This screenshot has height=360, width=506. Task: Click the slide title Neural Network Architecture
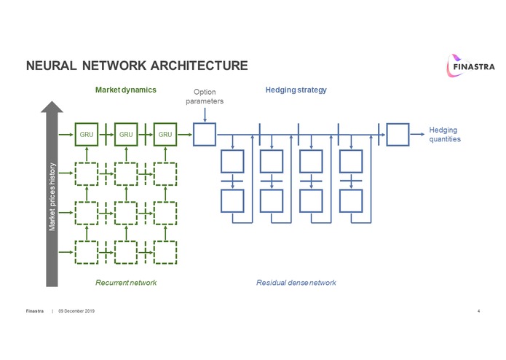[137, 66]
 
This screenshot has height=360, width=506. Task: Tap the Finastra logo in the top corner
[469, 66]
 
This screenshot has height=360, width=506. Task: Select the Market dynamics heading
[126, 90]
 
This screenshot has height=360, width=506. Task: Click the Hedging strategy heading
[297, 90]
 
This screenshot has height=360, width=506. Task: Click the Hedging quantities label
[445, 134]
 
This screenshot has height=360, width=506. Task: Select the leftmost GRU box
[86, 134]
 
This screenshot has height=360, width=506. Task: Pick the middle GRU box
[126, 134]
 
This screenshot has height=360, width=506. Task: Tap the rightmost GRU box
[165, 134]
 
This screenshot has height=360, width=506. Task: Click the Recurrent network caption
[126, 282]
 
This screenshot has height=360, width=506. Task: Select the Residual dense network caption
[296, 282]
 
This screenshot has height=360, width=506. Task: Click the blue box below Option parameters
[205, 134]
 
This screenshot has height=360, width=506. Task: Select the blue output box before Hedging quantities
[398, 134]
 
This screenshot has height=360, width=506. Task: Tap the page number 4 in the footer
[478, 311]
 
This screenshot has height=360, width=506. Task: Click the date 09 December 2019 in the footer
[76, 311]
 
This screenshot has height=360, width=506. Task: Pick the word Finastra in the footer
[35, 311]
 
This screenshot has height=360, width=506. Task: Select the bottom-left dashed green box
[86, 251]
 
